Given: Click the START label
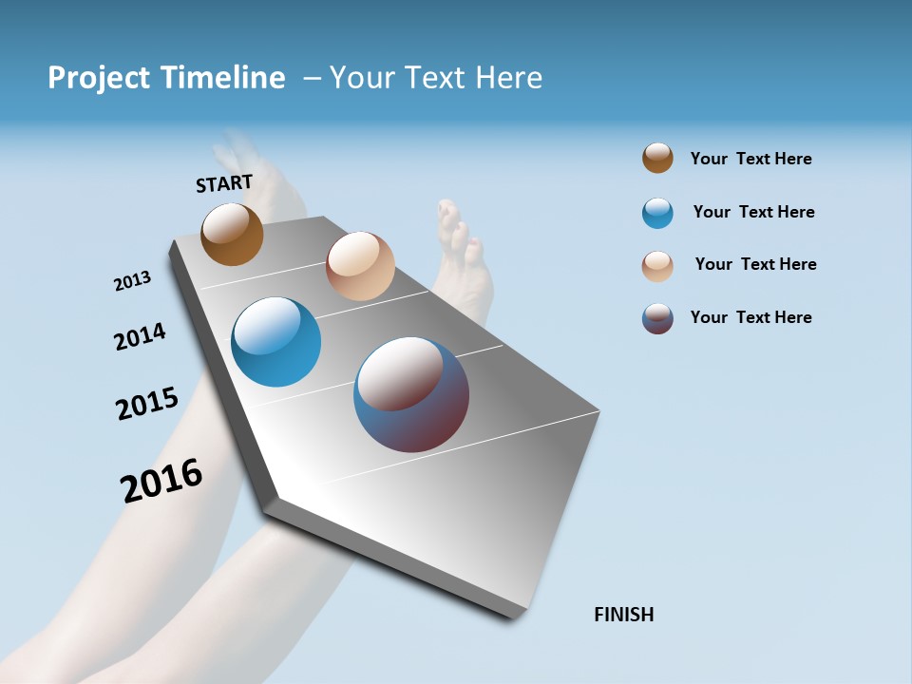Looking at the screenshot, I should point(224,183).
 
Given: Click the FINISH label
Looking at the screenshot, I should point(623,615).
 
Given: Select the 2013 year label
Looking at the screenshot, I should point(132,281).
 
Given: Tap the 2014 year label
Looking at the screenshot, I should point(140,336).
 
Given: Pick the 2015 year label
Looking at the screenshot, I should point(146,403).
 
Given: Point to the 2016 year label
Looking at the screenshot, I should point(161,481).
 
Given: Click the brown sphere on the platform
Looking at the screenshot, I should point(232,234).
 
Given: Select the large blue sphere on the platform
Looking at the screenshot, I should point(275,342).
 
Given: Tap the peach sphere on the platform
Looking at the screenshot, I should point(360,266).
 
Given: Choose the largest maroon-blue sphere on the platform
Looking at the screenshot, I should point(411,394).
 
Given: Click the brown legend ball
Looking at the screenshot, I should point(657,158).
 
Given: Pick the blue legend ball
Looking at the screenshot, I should point(657,213).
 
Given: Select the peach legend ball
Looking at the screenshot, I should point(657,266).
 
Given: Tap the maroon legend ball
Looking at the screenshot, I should point(657,318).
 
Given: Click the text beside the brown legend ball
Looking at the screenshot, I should point(750,159).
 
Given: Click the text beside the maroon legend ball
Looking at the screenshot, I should point(750,317).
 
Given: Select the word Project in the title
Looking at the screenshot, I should point(97,78).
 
